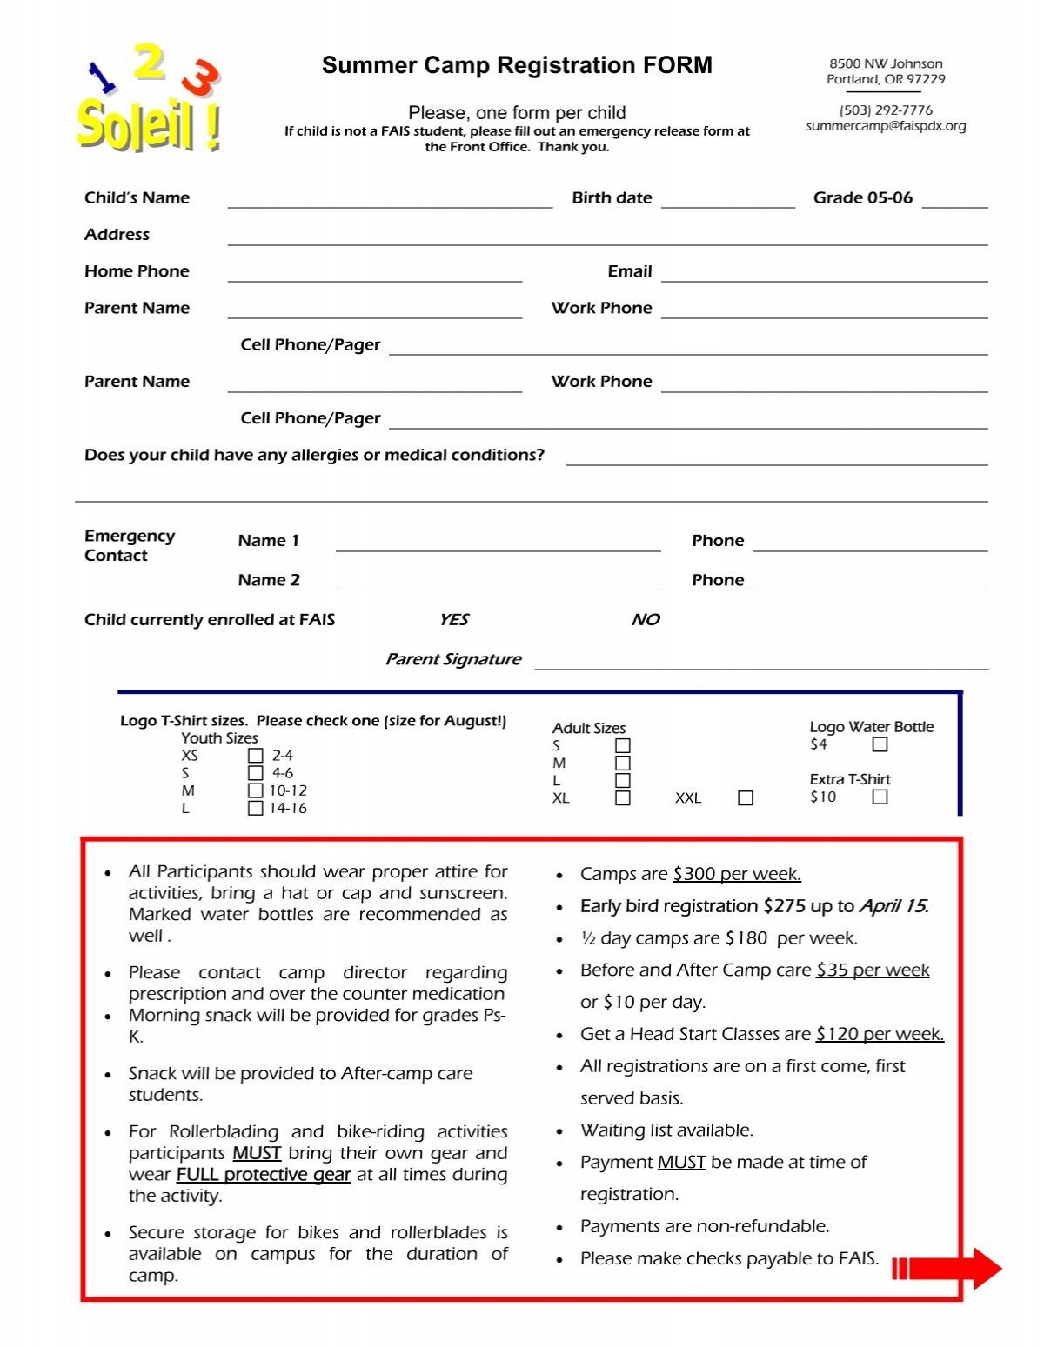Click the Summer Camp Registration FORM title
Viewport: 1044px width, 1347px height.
click(x=517, y=65)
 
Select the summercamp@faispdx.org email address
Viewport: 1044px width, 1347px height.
click(x=886, y=126)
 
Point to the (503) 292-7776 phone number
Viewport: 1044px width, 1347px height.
click(x=886, y=110)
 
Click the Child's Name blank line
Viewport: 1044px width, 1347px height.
click(x=390, y=200)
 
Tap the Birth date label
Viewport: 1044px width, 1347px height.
click(x=612, y=197)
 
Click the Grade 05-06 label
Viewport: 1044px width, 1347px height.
click(x=862, y=197)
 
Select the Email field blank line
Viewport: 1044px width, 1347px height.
click(x=824, y=274)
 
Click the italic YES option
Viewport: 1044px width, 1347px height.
click(x=453, y=619)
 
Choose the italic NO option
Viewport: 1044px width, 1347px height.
click(x=645, y=619)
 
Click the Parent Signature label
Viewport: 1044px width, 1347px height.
click(x=452, y=659)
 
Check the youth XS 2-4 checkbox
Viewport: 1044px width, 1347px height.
click(x=255, y=755)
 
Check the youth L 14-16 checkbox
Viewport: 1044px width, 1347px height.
click(x=255, y=808)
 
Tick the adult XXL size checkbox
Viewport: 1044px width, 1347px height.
click(x=746, y=797)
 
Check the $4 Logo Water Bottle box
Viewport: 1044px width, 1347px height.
click(x=880, y=744)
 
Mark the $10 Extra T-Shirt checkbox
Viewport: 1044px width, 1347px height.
click(x=880, y=797)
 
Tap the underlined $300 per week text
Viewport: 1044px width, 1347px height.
click(x=736, y=874)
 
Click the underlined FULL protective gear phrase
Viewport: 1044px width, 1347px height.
click(x=264, y=1175)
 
